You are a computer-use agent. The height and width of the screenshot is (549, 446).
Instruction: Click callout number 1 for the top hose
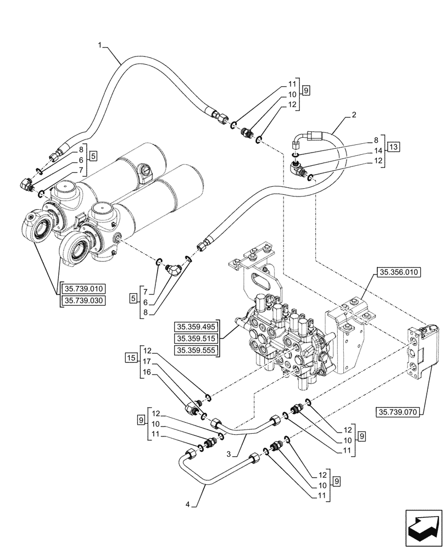[x=100, y=47]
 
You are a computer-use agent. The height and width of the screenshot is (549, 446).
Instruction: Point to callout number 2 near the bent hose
[x=354, y=115]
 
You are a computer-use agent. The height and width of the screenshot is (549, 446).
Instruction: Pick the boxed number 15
[x=130, y=358]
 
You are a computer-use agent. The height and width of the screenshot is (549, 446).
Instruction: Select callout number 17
[x=147, y=362]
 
